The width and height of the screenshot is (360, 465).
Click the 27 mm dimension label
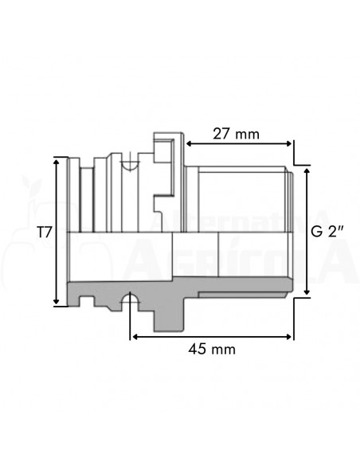click(x=237, y=134)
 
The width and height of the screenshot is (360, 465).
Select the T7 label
click(x=45, y=232)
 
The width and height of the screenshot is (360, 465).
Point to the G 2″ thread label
click(x=327, y=232)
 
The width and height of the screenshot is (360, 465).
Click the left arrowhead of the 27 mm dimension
click(x=189, y=143)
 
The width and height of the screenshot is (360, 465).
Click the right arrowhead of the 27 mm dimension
click(x=289, y=143)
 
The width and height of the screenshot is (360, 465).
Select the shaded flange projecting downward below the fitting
click(x=167, y=314)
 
